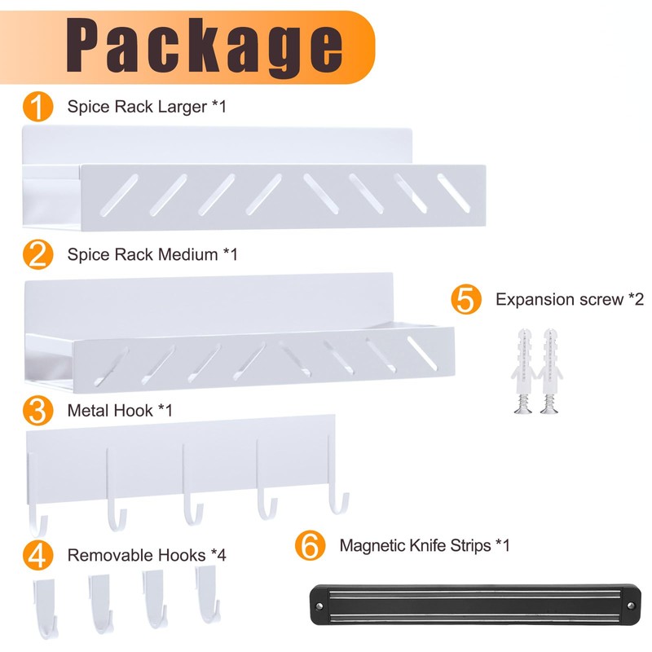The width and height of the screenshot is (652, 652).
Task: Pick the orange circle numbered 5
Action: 465,299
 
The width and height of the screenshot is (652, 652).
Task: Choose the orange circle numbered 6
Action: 310,545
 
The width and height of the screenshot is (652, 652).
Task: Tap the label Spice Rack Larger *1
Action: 146,107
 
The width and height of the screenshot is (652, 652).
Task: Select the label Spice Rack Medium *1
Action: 152,254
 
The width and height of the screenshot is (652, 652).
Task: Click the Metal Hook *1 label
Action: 121,410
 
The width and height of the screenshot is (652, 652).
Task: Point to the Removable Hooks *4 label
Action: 147,555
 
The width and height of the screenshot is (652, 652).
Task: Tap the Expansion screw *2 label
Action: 570,299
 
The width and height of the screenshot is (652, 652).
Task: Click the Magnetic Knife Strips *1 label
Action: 425,545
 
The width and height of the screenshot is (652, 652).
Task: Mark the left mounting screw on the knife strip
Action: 319,606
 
